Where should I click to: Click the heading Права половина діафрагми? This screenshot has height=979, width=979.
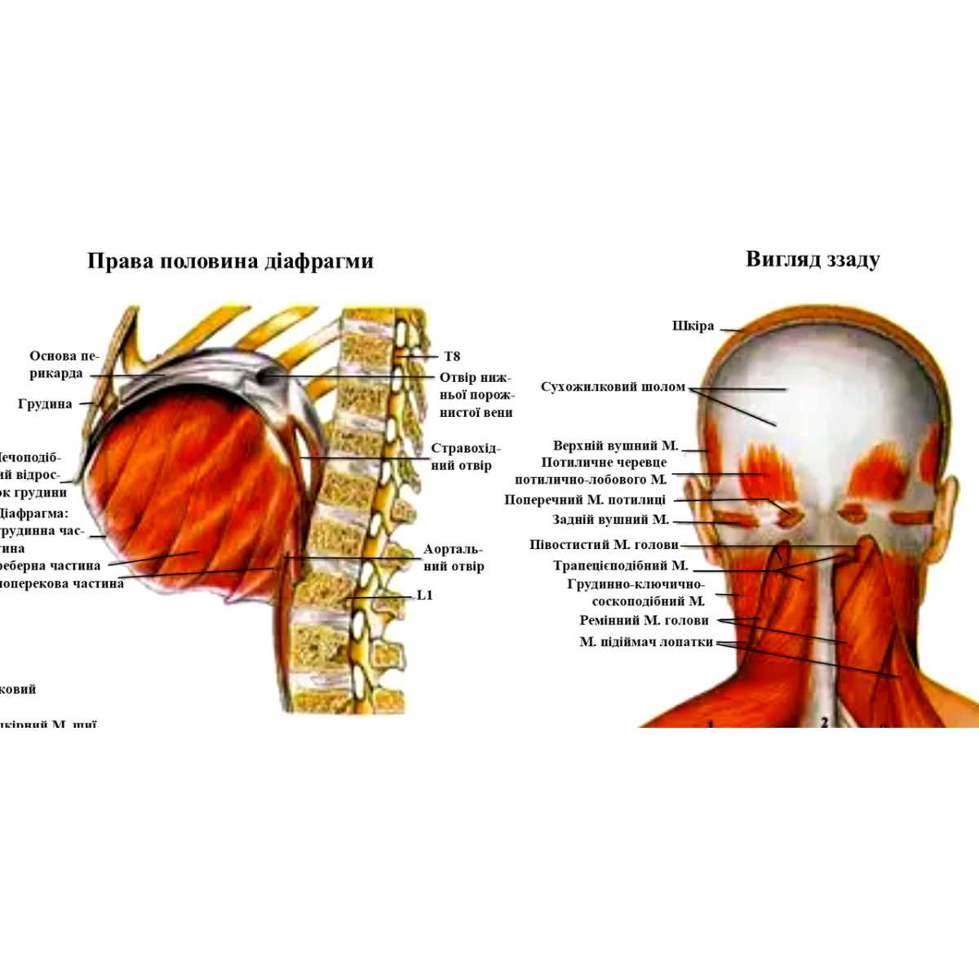point(230,261)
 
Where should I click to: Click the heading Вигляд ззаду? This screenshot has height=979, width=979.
point(813,259)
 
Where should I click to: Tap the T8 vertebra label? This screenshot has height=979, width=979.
point(452,357)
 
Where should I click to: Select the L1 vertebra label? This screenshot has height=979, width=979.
point(425,596)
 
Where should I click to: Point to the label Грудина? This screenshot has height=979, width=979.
point(45,404)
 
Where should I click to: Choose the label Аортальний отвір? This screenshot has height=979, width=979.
point(454,558)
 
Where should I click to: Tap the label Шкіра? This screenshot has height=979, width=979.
point(693,326)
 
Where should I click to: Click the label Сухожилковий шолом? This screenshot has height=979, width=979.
point(613,387)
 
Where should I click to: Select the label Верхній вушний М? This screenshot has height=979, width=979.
point(616,446)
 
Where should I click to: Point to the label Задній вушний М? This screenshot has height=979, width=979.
point(610,520)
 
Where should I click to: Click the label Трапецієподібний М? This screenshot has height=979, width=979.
point(621,565)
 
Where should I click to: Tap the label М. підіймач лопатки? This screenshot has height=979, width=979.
point(646,642)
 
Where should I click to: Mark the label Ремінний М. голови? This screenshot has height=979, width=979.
point(644,621)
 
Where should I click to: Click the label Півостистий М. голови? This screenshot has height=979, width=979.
point(604,545)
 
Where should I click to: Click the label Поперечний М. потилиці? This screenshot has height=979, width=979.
point(585,500)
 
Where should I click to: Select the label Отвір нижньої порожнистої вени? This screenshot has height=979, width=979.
point(476,395)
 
